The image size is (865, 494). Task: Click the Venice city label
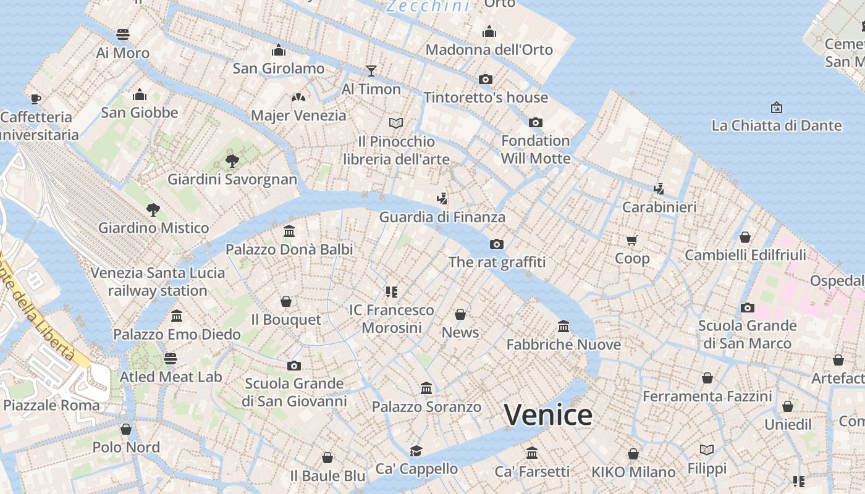(548, 415)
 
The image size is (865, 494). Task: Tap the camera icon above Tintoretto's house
(486, 79)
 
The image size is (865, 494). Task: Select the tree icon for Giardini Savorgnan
(232, 161)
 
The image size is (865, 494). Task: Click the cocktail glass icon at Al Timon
(371, 70)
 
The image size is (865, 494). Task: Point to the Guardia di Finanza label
(442, 217)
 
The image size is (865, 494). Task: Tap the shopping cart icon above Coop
(631, 240)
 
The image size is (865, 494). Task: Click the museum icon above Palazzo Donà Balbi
(289, 232)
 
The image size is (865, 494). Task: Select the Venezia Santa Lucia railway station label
(158, 282)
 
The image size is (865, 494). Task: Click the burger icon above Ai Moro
(123, 34)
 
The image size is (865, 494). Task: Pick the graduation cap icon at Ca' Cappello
(416, 451)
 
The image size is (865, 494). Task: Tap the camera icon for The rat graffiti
(497, 244)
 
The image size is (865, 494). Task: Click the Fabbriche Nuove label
(563, 345)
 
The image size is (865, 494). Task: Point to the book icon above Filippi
(706, 450)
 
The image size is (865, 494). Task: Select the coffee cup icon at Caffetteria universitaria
(36, 99)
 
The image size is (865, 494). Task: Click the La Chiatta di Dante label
(777, 125)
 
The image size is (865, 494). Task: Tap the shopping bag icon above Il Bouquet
(286, 301)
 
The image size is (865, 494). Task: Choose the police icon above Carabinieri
(659, 188)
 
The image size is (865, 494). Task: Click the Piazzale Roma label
(51, 406)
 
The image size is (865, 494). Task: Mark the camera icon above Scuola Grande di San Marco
(747, 308)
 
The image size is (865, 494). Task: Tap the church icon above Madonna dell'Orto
(489, 31)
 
